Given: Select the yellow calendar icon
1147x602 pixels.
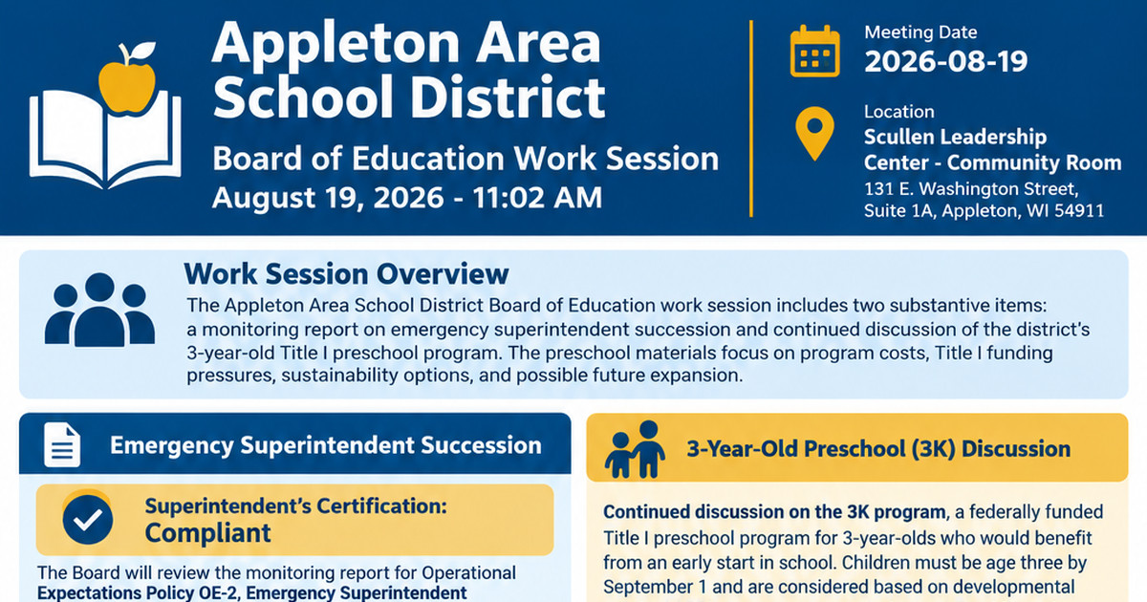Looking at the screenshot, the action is tap(814, 52).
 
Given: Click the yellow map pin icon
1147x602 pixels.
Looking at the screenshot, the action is tap(814, 133).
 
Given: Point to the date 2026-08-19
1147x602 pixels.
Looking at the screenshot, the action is tap(945, 61).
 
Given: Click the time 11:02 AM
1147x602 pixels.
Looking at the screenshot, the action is tap(537, 198).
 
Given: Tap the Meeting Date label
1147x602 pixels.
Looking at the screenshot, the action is tap(920, 32).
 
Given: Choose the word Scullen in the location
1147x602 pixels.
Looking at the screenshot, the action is tap(898, 137).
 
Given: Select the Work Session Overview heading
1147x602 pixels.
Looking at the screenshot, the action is tap(346, 274).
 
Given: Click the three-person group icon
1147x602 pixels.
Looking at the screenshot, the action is tap(99, 310).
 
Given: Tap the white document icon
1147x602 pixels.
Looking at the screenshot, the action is tap(62, 445).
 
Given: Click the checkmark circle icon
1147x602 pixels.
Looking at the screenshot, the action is tap(88, 520).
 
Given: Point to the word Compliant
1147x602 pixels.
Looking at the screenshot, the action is tap(207, 533).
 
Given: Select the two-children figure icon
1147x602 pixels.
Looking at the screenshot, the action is tap(635, 449).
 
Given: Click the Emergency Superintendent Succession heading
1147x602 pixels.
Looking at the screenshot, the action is tap(326, 445).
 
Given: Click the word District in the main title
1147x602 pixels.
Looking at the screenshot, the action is tap(508, 97).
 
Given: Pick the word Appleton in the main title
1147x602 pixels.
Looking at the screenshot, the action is tap(337, 45).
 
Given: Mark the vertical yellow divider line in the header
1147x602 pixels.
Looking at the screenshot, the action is tap(751, 118).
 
